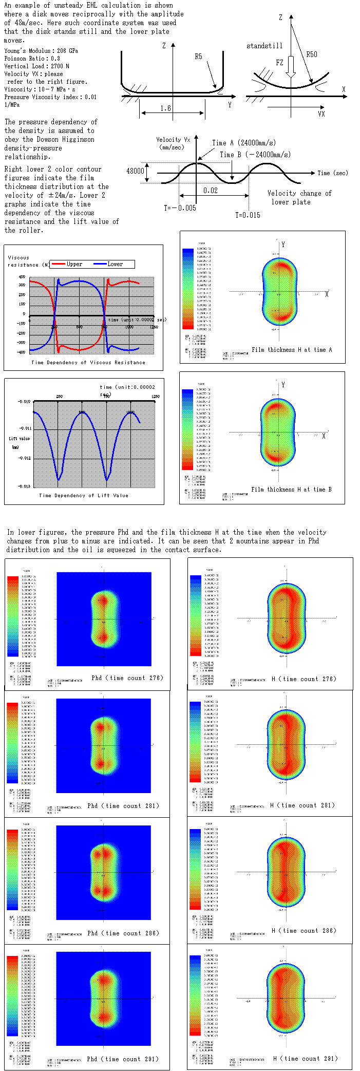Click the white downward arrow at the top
click(291, 67)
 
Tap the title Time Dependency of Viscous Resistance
click(88, 363)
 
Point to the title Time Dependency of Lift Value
click(84, 496)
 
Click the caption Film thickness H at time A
click(292, 350)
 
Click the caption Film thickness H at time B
click(291, 490)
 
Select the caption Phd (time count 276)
click(127, 678)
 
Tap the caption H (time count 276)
click(304, 679)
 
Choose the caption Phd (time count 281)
click(123, 805)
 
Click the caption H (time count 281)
click(302, 805)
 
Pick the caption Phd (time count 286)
click(123, 933)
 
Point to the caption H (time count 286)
click(304, 930)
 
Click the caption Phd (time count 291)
click(123, 1059)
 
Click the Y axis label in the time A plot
click(283, 245)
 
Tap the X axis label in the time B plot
click(324, 436)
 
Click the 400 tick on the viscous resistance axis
click(22, 277)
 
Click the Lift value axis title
click(19, 439)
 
